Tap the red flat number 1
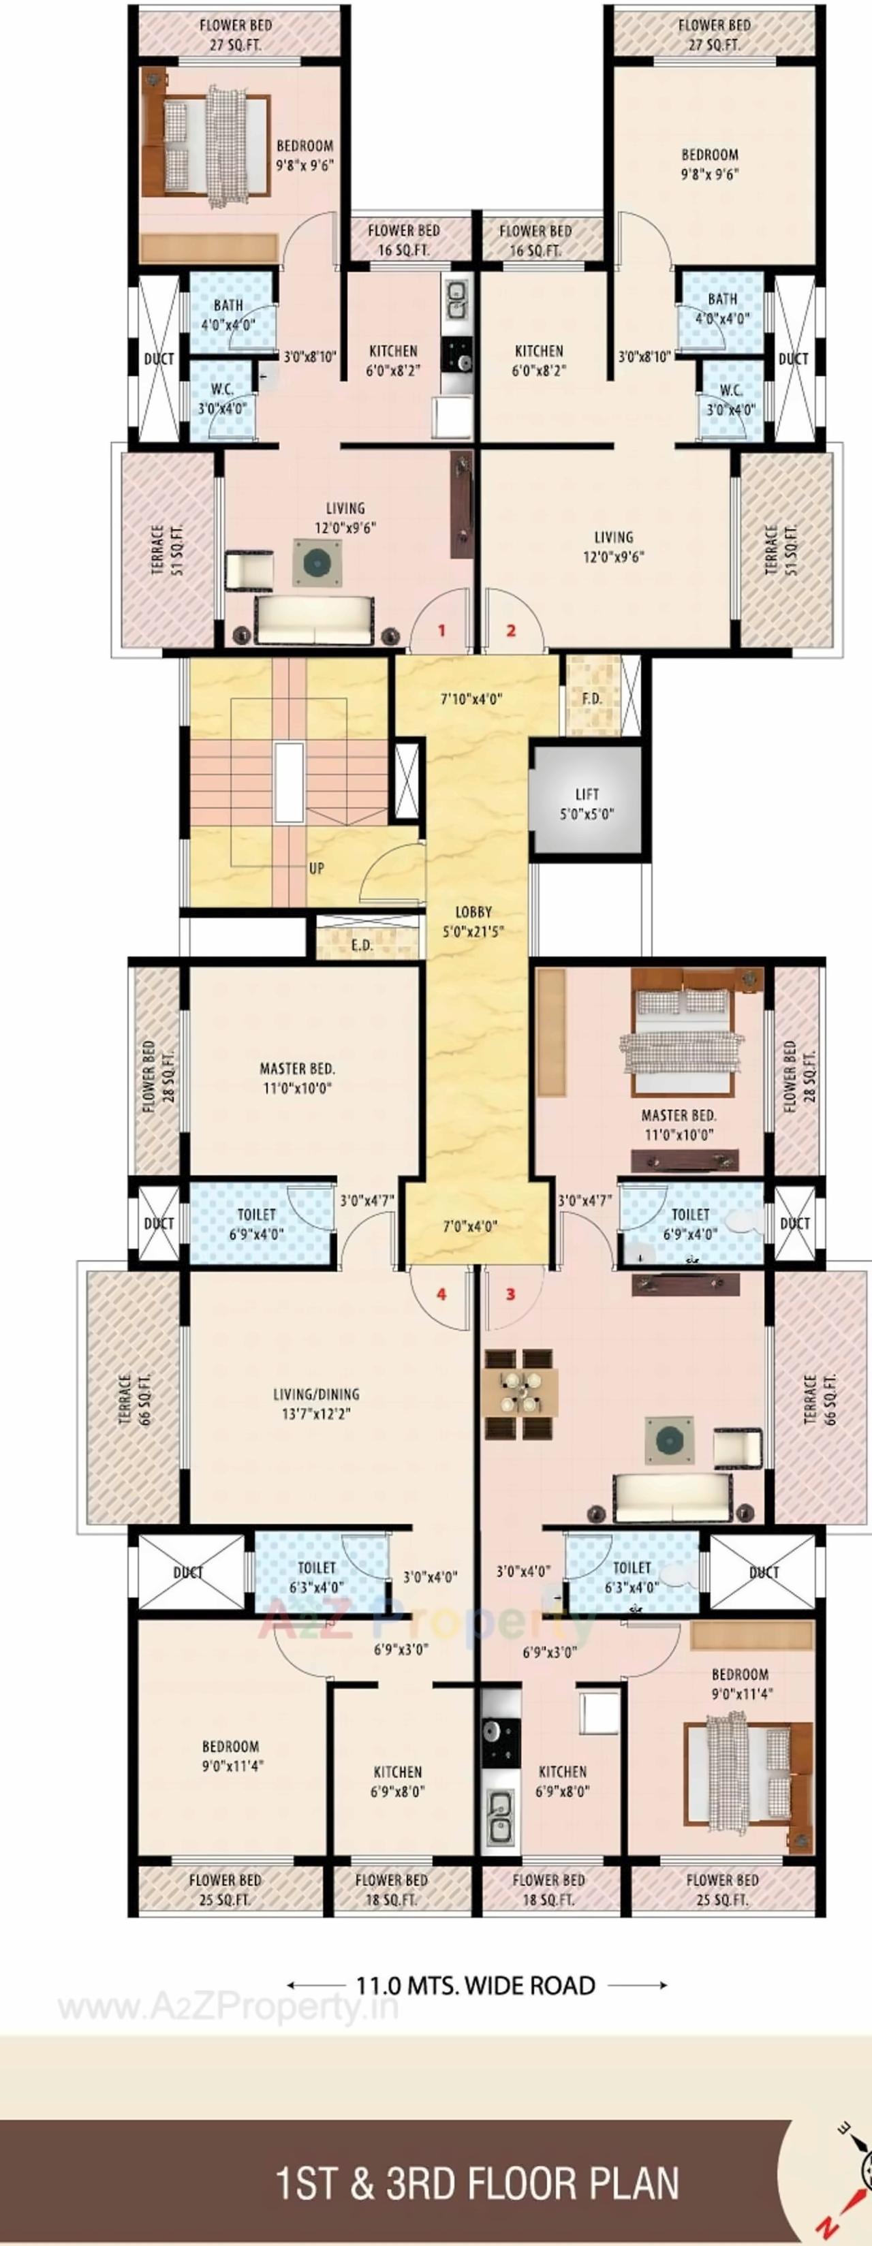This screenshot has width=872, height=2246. (441, 629)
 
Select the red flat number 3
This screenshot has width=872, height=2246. (511, 1294)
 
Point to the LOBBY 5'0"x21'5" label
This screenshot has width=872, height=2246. (473, 921)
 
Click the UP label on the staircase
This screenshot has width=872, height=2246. (317, 869)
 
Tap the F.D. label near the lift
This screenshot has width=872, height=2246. (592, 698)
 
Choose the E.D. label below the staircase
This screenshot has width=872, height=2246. (362, 945)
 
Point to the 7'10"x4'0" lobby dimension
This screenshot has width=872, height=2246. (471, 698)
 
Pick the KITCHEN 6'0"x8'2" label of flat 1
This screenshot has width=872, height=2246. (393, 359)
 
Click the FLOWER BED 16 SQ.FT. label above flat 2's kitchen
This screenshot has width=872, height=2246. (535, 240)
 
